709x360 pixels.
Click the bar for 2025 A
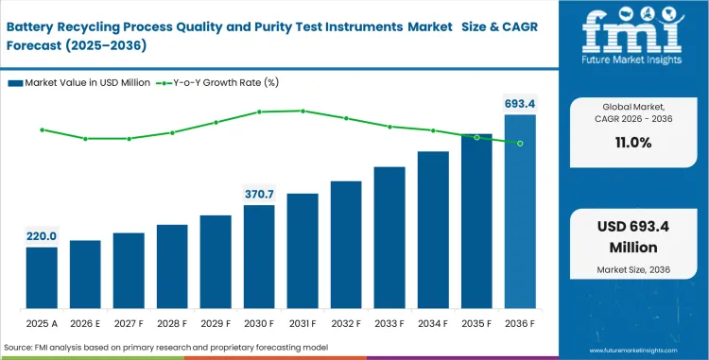(x=41, y=279)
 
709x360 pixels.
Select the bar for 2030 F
(x=258, y=257)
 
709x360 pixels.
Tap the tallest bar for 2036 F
(x=520, y=213)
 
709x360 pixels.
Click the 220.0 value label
(x=41, y=236)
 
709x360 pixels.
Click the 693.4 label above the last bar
(x=519, y=103)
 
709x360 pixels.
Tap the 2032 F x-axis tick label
(x=346, y=323)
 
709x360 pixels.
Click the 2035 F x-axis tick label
(x=476, y=323)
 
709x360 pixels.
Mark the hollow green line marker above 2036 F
(x=520, y=144)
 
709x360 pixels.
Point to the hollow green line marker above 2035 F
(x=476, y=138)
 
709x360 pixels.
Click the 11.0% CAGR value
(x=632, y=143)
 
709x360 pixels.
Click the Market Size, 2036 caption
(x=632, y=270)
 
